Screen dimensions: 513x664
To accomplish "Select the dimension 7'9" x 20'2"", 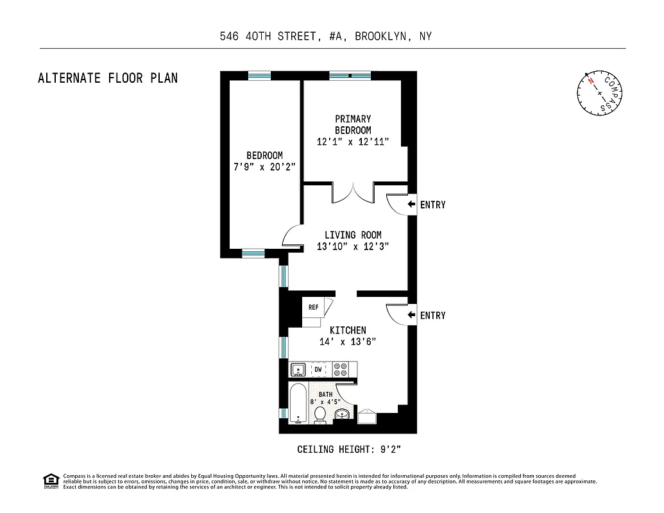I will pyautogui.click(x=264, y=167).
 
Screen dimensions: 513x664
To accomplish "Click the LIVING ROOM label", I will pyautogui.click(x=352, y=235).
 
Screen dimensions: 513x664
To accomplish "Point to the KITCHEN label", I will pyautogui.click(x=348, y=330).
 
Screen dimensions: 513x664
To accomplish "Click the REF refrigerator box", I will pyautogui.click(x=313, y=307).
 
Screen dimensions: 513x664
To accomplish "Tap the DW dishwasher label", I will pyautogui.click(x=318, y=370).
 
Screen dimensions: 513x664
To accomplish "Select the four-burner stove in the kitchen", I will pyautogui.click(x=340, y=369).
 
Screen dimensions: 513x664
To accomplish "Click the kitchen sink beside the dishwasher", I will pyautogui.click(x=298, y=370).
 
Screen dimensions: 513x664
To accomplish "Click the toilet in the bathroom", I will pyautogui.click(x=319, y=414).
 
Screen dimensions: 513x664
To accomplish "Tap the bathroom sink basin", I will pyautogui.click(x=343, y=414).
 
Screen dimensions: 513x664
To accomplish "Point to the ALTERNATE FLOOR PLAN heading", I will pyautogui.click(x=108, y=78).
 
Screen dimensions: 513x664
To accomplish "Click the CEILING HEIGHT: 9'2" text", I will pyautogui.click(x=349, y=449).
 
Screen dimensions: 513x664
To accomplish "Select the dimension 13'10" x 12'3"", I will pyautogui.click(x=352, y=246).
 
